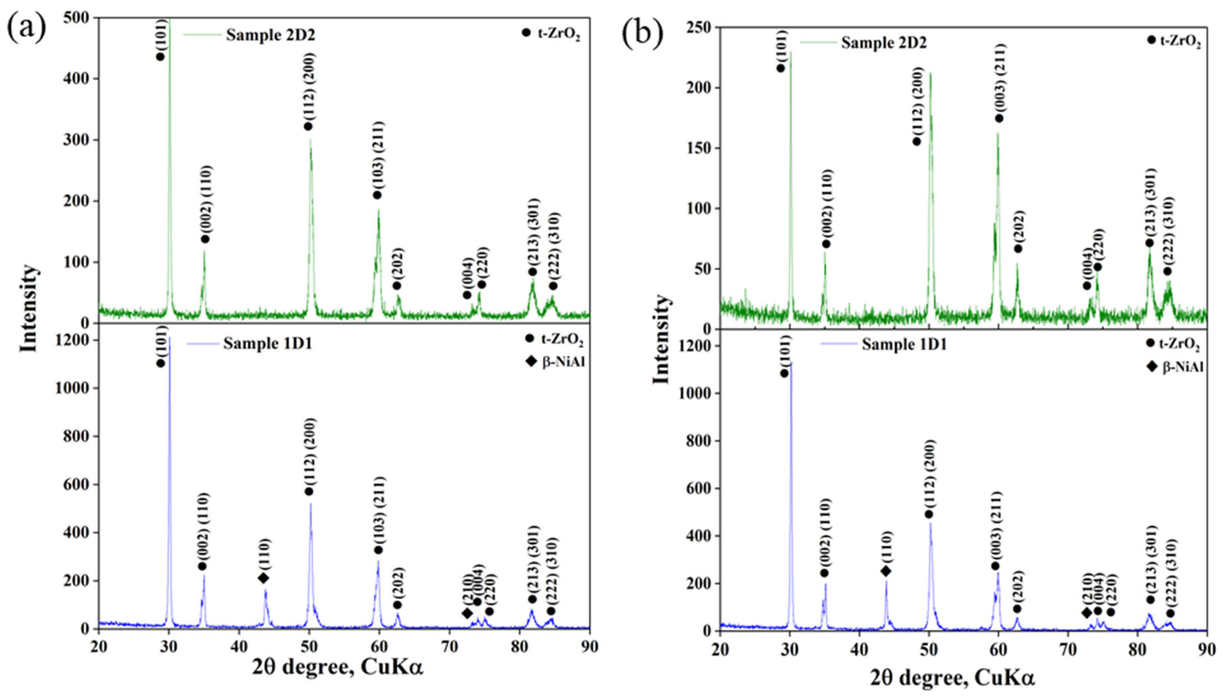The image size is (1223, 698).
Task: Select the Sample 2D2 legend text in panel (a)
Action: click(270, 35)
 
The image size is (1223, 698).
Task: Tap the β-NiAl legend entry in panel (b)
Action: click(1182, 367)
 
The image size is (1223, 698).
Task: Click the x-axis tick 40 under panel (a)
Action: click(239, 646)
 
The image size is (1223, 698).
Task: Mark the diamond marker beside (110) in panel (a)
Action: click(263, 578)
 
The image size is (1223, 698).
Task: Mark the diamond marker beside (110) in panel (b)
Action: click(885, 571)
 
